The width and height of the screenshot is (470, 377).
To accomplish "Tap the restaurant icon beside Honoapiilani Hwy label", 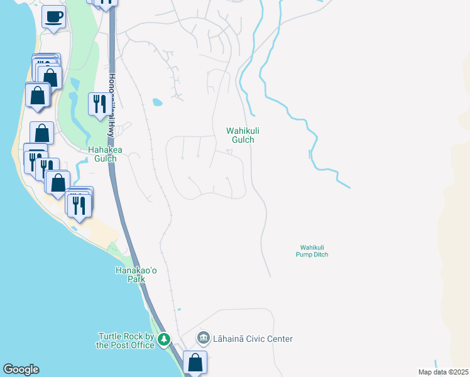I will click(99, 104).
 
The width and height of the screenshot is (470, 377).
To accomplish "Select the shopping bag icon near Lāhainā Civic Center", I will click(195, 362).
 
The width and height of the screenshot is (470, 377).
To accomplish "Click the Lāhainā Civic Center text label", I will click(253, 339).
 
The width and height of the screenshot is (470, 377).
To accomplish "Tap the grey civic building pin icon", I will click(204, 339).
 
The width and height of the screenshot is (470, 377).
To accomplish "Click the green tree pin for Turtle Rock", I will click(164, 339).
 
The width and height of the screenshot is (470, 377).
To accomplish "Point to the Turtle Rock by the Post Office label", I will click(126, 341).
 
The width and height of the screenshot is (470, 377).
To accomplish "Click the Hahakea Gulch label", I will click(105, 155).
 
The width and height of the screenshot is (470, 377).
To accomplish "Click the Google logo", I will click(21, 369).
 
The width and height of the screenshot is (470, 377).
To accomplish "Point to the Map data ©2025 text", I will click(443, 372).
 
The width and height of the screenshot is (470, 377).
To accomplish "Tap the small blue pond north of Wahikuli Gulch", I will click(157, 102).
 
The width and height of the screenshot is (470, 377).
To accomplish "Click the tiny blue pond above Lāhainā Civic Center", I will click(178, 310).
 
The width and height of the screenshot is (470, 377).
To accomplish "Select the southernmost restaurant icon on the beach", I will click(79, 204).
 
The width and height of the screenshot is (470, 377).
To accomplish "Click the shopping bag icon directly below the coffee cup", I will click(50, 77).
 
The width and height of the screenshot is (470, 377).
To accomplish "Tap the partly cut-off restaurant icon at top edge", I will click(106, 3).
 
